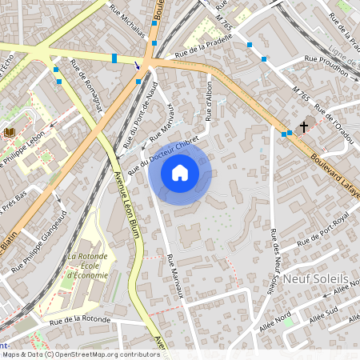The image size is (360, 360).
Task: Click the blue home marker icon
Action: pyautogui.click(x=180, y=172)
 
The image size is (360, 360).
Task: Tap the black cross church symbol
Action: pyautogui.click(x=303, y=127)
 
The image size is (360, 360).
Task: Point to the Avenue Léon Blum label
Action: pyautogui.click(x=122, y=200)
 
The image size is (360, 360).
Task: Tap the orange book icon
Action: pyautogui.click(x=10, y=132)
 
